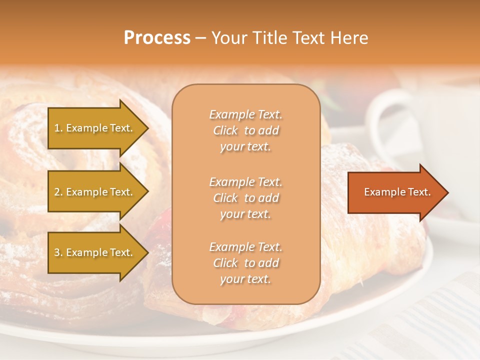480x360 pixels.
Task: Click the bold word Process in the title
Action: [x=157, y=38]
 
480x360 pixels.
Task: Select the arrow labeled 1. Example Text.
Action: [x=95, y=128]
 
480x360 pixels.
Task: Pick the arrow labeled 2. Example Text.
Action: [x=95, y=192]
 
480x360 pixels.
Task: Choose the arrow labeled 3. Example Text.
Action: [x=95, y=252]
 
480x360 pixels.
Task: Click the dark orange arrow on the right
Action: [x=395, y=192]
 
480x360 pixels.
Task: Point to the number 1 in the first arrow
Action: [x=56, y=128]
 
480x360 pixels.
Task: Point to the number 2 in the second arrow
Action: [x=56, y=192]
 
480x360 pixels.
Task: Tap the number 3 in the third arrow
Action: [x=56, y=252]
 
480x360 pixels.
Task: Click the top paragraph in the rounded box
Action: [x=245, y=130]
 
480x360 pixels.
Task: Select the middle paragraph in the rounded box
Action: [x=245, y=198]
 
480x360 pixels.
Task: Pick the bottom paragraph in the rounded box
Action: [x=245, y=263]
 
